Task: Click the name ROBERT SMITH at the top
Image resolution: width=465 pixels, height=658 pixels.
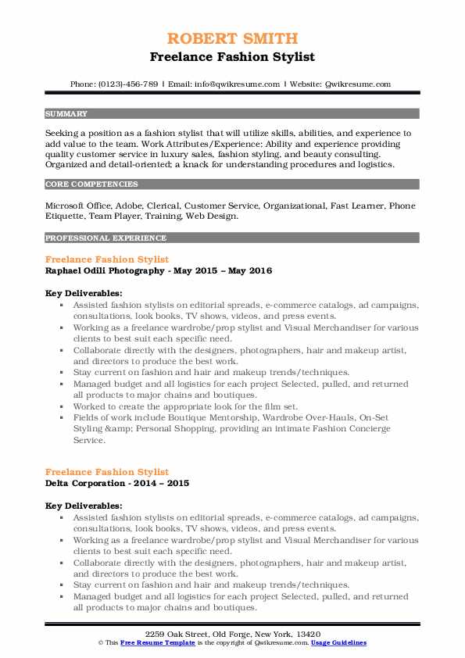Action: [x=231, y=38]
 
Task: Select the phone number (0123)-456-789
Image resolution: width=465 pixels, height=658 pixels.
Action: [x=127, y=84]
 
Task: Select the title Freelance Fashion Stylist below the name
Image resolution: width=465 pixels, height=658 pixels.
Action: [x=231, y=57]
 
